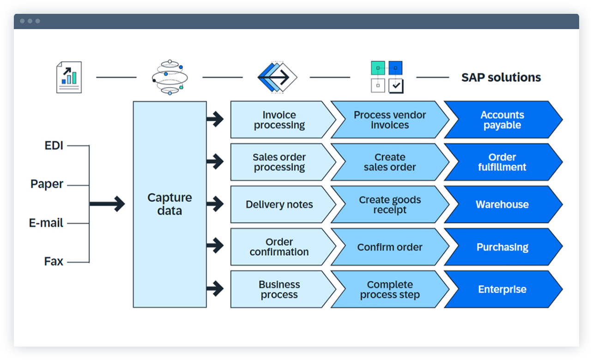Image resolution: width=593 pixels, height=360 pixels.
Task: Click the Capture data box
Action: point(169,204)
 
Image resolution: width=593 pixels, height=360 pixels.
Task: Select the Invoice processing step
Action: point(279,120)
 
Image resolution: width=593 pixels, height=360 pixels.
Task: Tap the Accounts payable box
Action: point(502,120)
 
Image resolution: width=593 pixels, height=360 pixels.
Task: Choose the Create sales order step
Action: point(389,162)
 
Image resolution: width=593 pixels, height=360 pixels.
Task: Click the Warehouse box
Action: point(502,204)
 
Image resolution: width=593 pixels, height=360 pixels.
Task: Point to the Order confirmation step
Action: point(279,247)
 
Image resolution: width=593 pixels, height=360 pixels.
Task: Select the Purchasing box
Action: point(502,247)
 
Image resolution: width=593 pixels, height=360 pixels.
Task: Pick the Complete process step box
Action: point(389,289)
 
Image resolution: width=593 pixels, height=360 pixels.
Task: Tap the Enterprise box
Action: point(502,289)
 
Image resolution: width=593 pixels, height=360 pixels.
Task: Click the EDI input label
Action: point(53,146)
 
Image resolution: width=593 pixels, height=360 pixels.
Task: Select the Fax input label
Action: point(54,261)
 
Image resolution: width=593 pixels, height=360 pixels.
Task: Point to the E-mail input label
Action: point(46,223)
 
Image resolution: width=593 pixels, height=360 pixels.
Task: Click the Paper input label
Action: point(47,184)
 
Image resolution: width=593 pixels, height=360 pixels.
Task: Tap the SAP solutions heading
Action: point(501,78)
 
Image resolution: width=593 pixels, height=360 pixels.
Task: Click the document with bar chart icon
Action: point(69,78)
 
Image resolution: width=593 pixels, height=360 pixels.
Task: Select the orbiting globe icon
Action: point(169,78)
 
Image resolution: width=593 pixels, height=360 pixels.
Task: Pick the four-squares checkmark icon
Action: point(387,78)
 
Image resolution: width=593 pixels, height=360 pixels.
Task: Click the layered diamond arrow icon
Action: point(277,78)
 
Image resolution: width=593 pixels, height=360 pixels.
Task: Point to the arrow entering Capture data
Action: point(107,204)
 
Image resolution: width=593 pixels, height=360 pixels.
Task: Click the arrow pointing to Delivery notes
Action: point(215,204)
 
